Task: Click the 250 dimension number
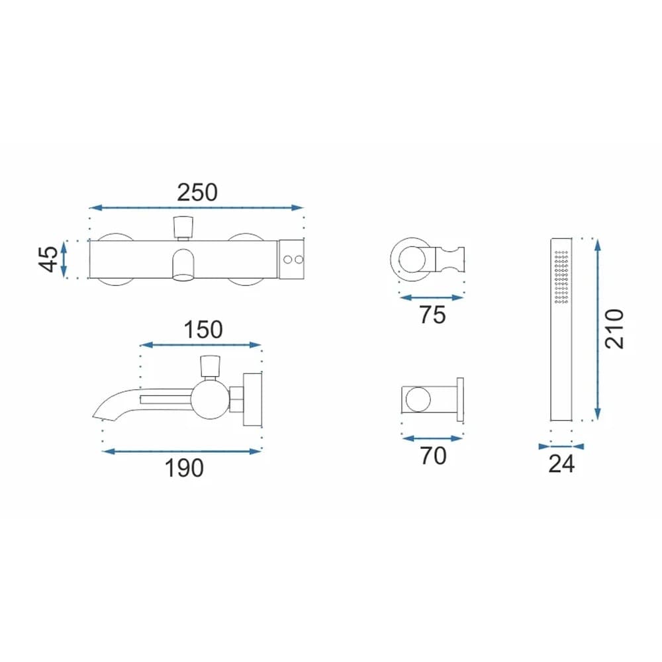coord(197,192)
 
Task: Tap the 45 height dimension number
coord(48,259)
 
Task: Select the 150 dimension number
coord(203,329)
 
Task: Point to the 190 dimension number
coord(185,468)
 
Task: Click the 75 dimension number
coord(432,315)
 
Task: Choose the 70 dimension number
coord(433,455)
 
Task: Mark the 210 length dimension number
coord(614,328)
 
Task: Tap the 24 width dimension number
coord(561,464)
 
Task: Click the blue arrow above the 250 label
coord(196,208)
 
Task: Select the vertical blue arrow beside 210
coord(598,328)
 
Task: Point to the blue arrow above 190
coord(182,451)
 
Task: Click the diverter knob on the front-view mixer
coord(182,227)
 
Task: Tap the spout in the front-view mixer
coord(182,265)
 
